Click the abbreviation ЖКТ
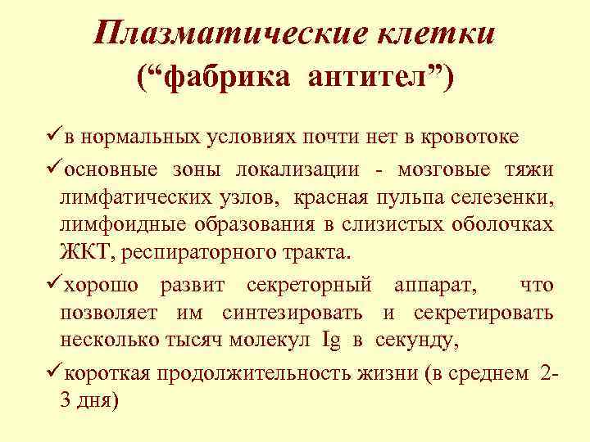click(88, 252)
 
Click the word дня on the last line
click(98, 402)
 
